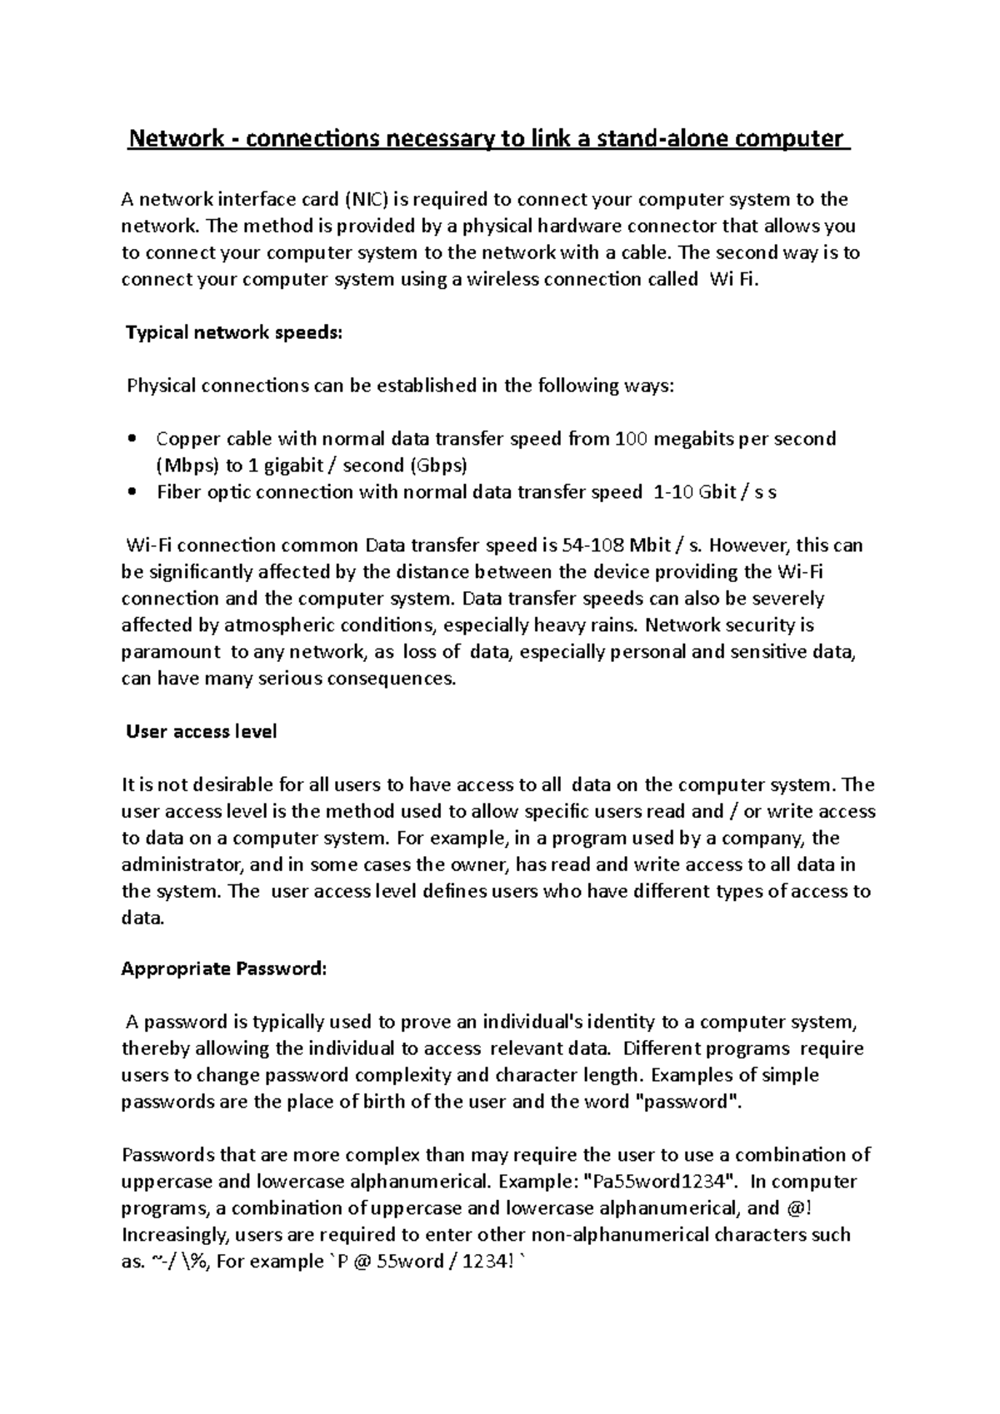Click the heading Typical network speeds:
(233, 333)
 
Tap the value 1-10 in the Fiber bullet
(672, 492)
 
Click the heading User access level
(201, 732)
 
